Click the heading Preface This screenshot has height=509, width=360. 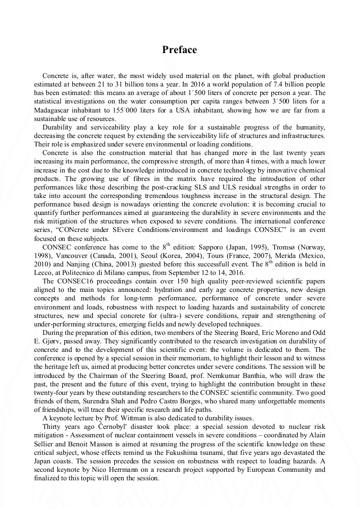pyautogui.click(x=179, y=50)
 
